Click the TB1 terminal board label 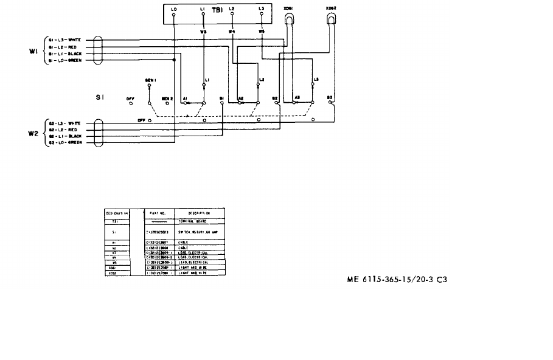point(217,10)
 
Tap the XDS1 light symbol point(291,19)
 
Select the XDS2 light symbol point(332,19)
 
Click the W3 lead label point(203,30)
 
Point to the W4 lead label point(232,30)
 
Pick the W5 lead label point(262,30)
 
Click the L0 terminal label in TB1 point(174,9)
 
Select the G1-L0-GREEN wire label point(66,60)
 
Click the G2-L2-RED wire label point(63,130)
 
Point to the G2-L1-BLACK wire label point(66,136)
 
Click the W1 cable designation point(33,51)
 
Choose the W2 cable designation point(33,133)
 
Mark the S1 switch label point(100,97)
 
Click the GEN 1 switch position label point(151,80)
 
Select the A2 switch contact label point(241,98)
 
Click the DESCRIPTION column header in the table point(199,213)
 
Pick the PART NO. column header point(158,213)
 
